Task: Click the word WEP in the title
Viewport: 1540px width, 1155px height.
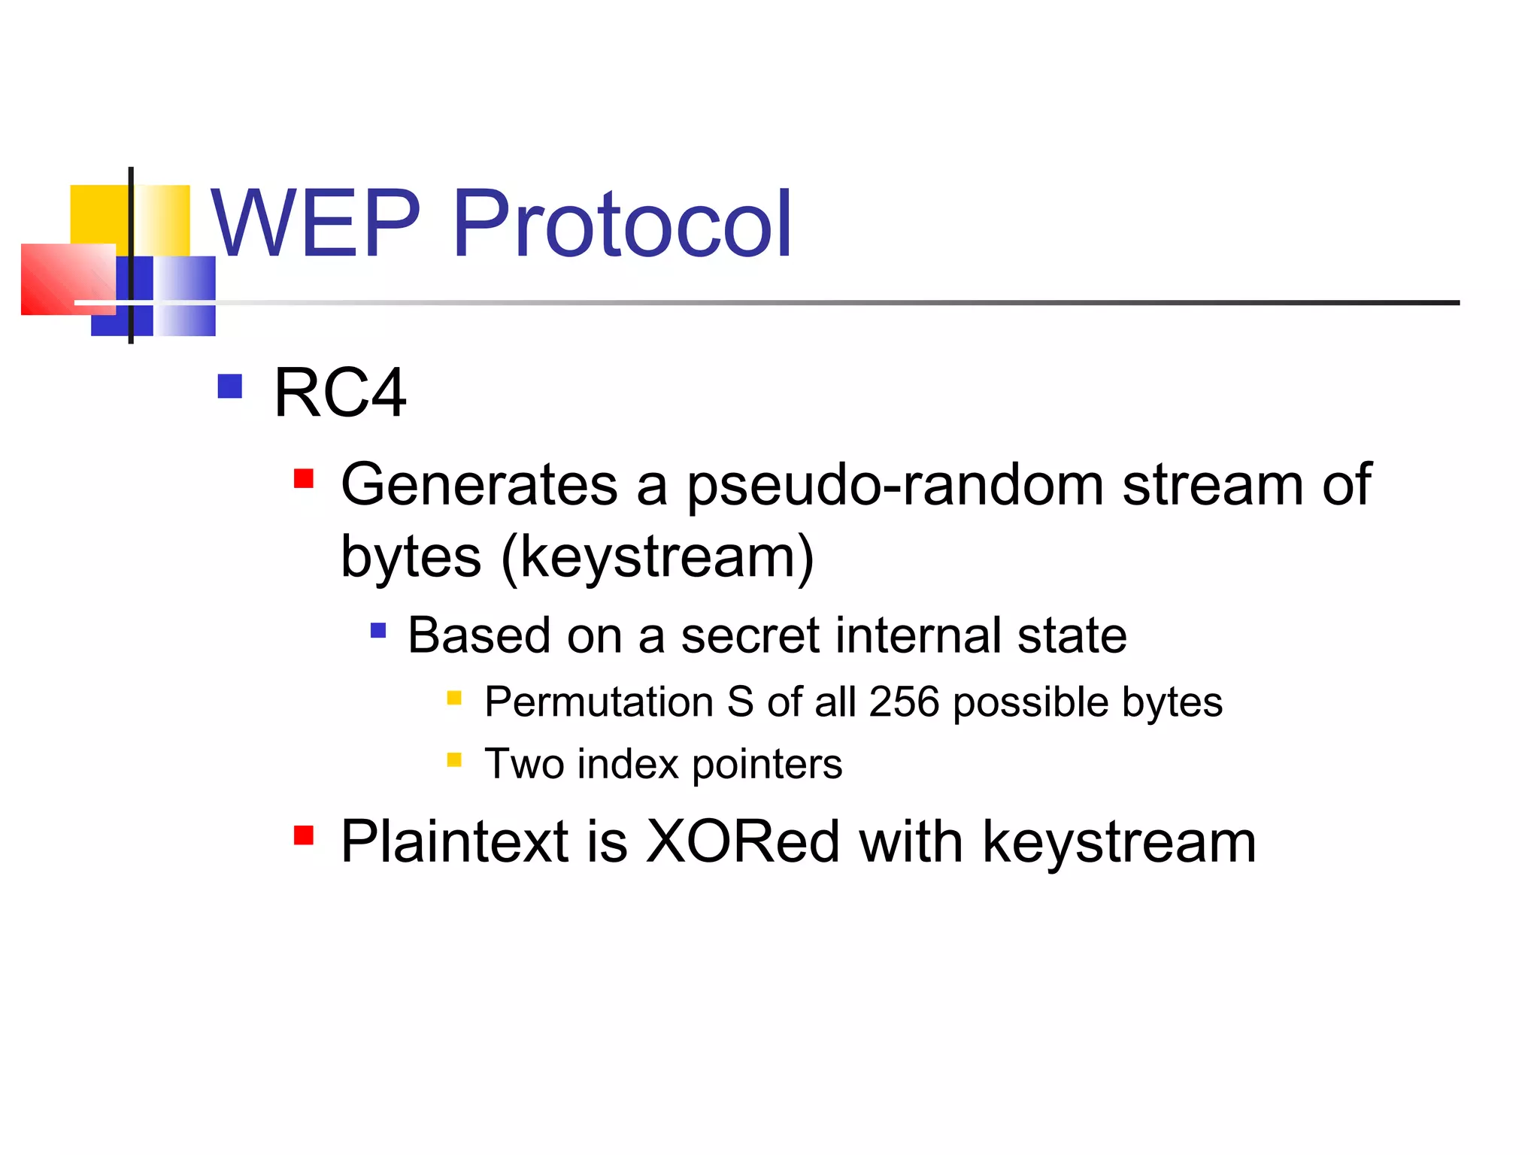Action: click(x=316, y=223)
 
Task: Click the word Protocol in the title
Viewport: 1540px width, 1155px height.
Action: click(x=622, y=223)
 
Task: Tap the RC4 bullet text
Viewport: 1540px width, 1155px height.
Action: click(x=340, y=393)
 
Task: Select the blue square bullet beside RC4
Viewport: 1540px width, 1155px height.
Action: click(x=229, y=387)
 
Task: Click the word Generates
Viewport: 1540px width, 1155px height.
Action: click(x=479, y=485)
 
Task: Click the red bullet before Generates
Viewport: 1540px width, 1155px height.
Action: click(x=304, y=479)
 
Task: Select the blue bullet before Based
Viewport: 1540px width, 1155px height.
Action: click(x=378, y=630)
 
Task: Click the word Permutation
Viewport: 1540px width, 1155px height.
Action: click(x=599, y=702)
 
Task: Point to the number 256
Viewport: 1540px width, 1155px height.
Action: click(x=904, y=702)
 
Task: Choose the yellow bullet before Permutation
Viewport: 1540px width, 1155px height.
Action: click(x=454, y=698)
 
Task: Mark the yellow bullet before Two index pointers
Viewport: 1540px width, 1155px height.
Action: click(x=454, y=759)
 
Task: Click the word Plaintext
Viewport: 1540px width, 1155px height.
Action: click(x=454, y=842)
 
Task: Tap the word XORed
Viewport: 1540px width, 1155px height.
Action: click(x=742, y=842)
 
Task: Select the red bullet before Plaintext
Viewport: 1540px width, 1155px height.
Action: click(x=304, y=835)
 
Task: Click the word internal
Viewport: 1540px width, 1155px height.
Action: click(x=917, y=636)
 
